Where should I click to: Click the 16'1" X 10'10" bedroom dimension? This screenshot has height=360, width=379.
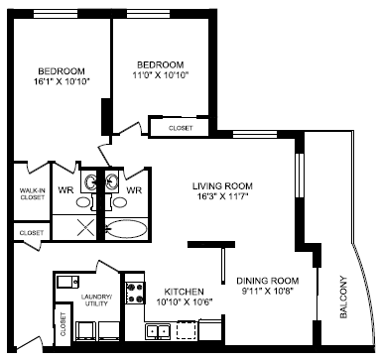[61, 83]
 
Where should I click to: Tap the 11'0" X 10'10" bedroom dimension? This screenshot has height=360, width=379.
[160, 74]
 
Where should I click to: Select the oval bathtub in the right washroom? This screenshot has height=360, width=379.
[127, 228]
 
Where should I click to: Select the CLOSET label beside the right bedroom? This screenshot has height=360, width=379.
[179, 128]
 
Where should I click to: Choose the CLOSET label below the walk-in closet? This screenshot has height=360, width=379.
[30, 232]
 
